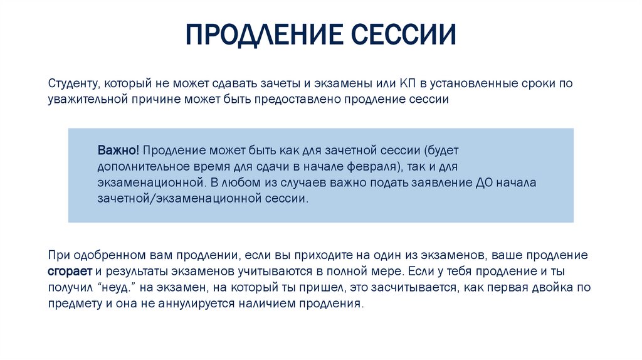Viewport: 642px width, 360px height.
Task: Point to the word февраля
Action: pos(375,167)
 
